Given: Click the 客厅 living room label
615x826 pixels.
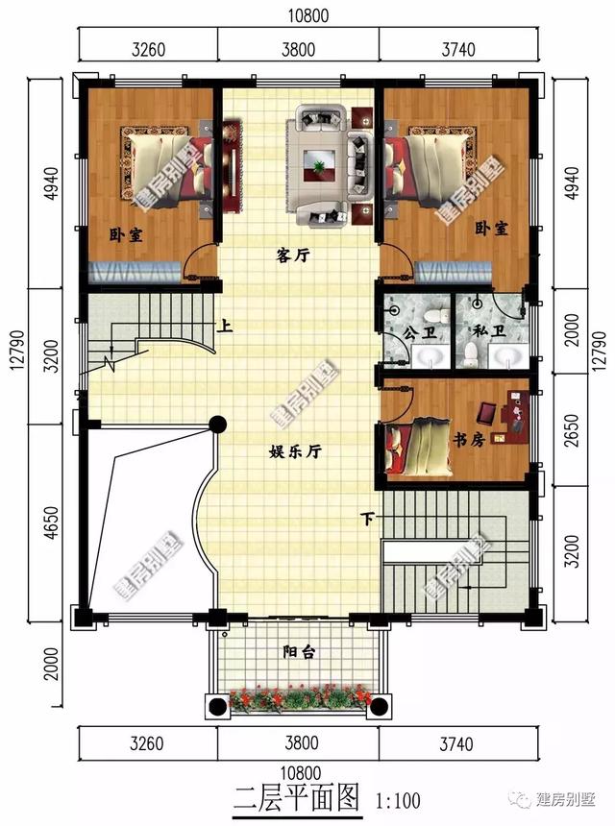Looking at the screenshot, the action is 293,256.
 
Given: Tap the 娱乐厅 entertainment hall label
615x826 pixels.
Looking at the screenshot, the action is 295,451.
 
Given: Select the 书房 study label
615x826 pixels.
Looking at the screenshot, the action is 468,439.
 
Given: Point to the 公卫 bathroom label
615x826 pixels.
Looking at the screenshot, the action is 420,333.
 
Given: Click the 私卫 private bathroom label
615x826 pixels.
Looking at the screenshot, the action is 489,331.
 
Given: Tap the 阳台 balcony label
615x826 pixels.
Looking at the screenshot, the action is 299,652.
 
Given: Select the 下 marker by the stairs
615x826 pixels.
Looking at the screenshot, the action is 367,519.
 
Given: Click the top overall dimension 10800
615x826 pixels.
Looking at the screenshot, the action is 308,15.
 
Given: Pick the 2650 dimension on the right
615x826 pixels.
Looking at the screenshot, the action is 571,431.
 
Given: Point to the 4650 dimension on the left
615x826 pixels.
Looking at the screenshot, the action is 52,522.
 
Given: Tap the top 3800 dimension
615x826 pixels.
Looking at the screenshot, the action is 298,50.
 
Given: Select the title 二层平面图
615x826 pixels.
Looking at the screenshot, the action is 297,798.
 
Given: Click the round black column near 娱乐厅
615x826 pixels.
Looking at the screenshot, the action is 217,424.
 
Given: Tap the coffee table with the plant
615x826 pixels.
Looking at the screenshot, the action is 319,165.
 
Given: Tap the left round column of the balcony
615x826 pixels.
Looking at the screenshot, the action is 217,706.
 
